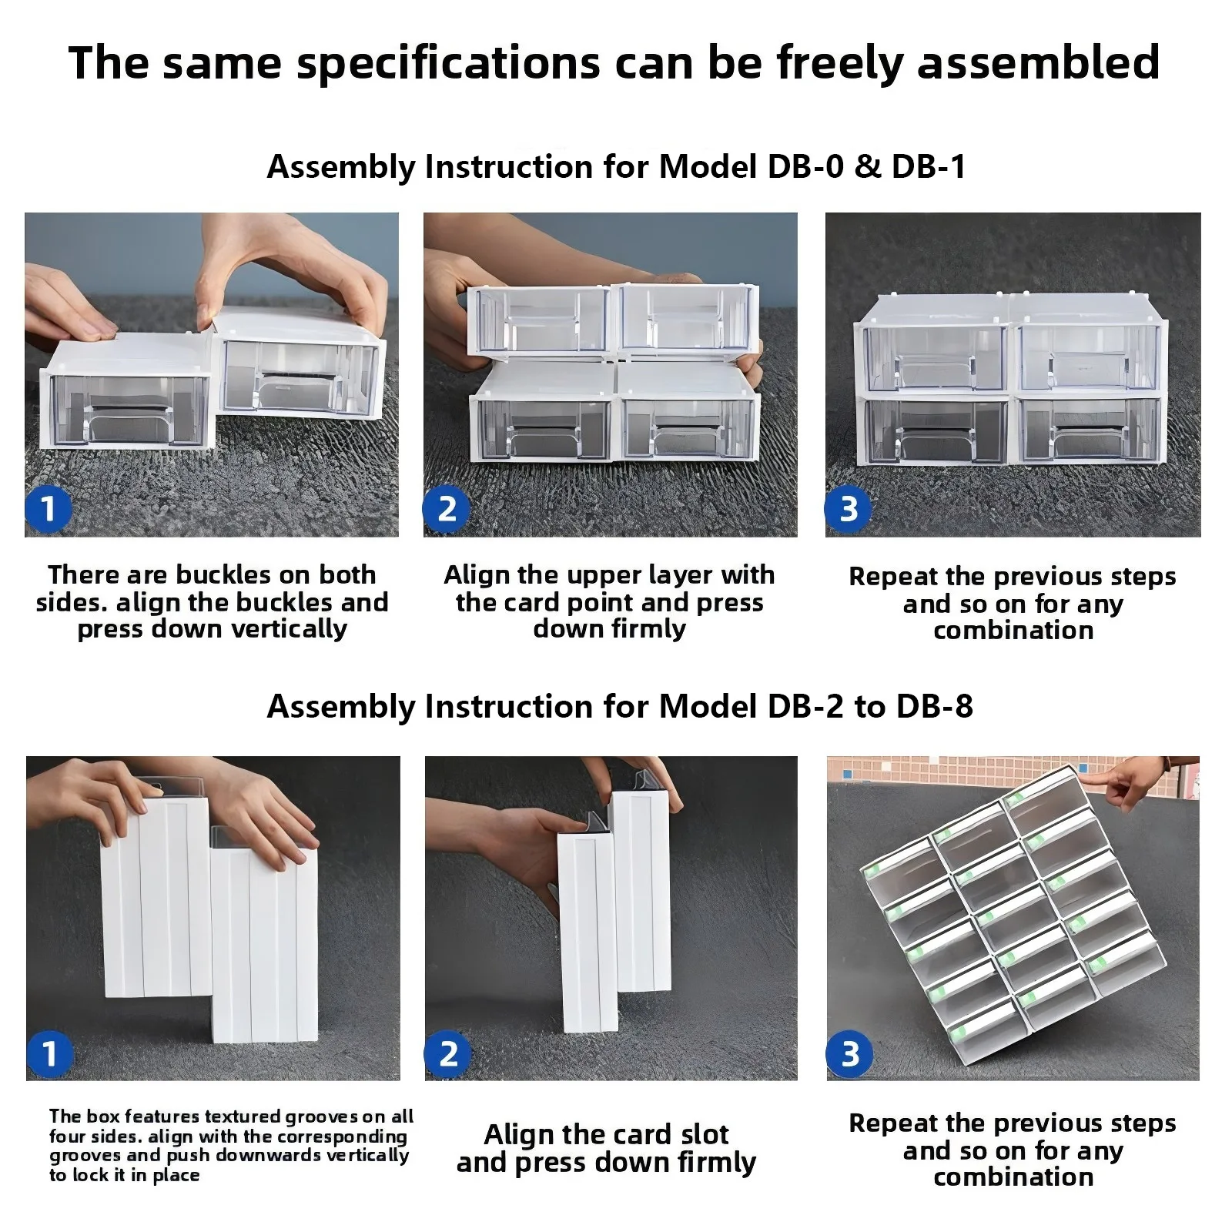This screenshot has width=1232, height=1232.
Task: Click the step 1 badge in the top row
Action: coord(49,509)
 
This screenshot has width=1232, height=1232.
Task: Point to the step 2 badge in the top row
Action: coord(447,509)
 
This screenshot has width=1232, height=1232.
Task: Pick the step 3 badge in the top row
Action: coord(848,509)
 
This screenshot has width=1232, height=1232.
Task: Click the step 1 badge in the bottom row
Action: coord(49,1054)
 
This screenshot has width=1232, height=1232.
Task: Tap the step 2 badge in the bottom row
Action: coord(447,1054)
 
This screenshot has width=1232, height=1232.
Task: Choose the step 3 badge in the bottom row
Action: coord(849,1054)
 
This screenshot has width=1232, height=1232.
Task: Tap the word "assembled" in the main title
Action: coord(1038,63)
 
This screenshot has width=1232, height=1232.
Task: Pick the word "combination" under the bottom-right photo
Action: coord(1013,1177)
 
